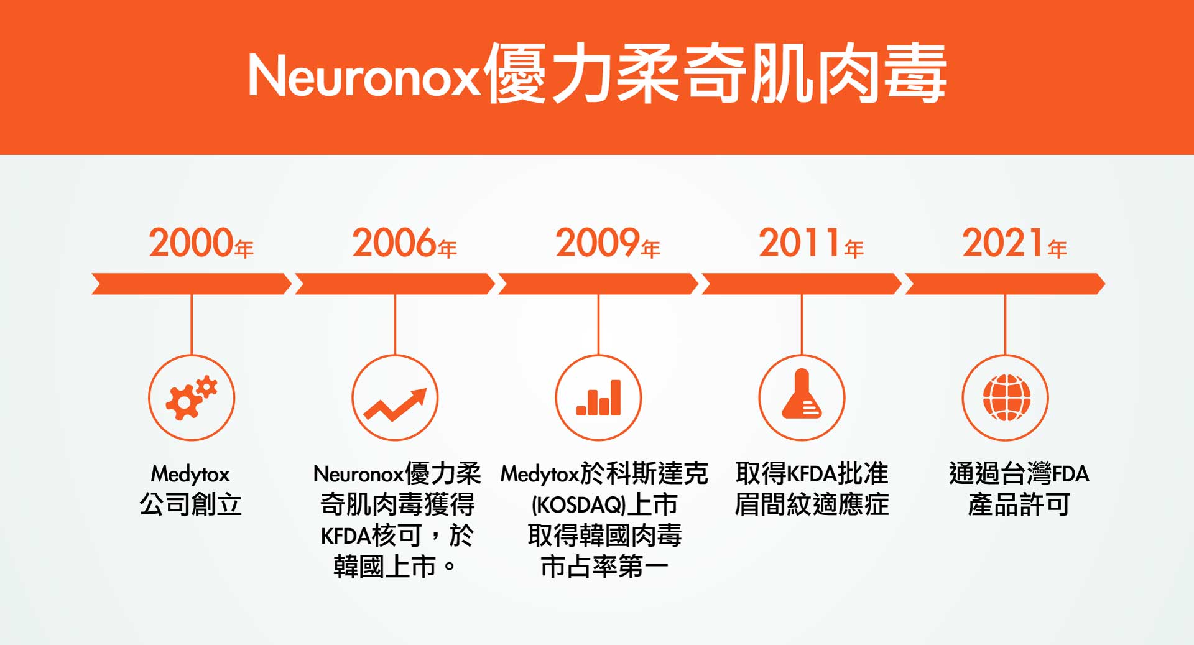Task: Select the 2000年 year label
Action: point(201,243)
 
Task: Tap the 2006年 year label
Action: point(404,243)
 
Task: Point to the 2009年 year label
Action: point(608,243)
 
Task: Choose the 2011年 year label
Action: point(811,243)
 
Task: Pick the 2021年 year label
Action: point(1014,243)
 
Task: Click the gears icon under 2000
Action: point(192,397)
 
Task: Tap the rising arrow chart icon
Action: point(396,404)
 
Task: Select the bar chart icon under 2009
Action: point(598,397)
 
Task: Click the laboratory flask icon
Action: point(802,394)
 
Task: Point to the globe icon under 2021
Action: point(1006,397)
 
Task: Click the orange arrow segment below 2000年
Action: point(192,284)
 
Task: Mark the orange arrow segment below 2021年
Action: point(1005,284)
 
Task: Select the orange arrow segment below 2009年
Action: point(598,284)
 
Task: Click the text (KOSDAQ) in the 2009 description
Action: point(578,505)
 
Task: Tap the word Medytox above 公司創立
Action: point(190,475)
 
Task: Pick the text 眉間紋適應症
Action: point(812,504)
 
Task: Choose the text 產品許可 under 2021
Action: point(1019,504)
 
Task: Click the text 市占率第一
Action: point(604,567)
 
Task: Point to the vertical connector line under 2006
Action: point(395,324)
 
